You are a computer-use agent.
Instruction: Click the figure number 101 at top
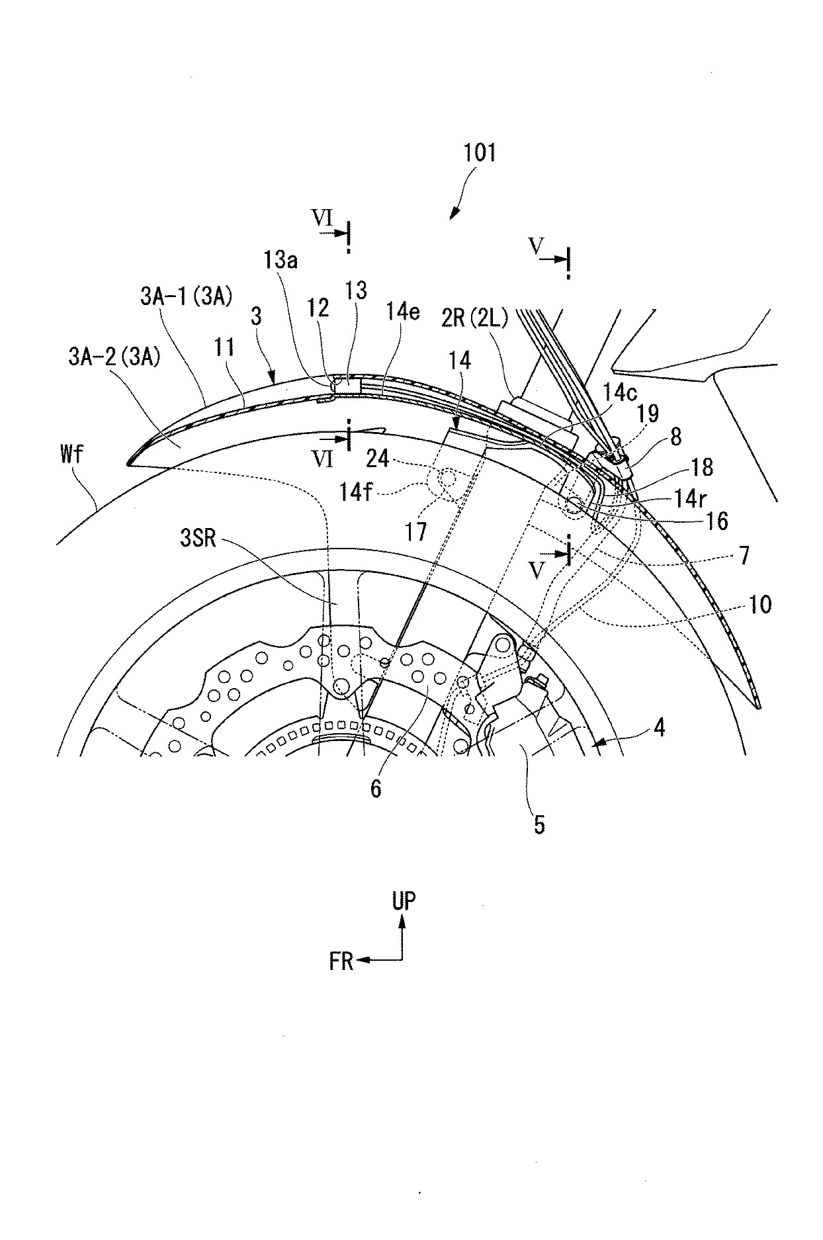[479, 153]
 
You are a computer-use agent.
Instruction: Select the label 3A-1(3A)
[186, 296]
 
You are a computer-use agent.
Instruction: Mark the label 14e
[403, 311]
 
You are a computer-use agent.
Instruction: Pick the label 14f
[357, 492]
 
